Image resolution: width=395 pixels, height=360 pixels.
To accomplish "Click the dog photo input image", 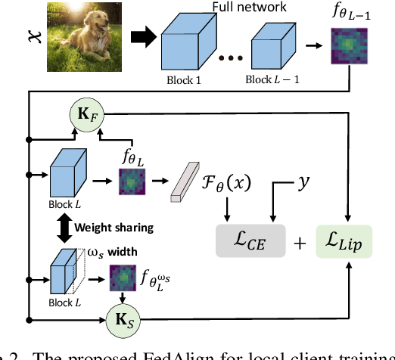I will (x=73, y=36).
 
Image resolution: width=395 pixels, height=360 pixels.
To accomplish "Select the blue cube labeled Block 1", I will (x=187, y=44).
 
